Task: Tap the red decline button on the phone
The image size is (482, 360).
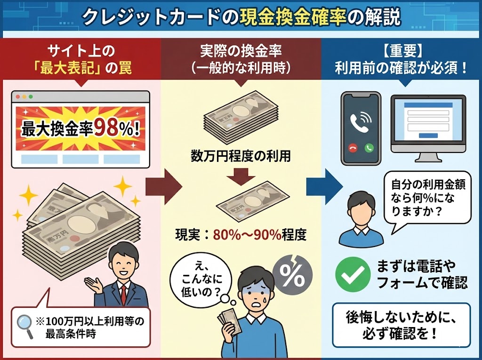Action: [x=352, y=147]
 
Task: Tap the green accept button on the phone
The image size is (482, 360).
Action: [x=369, y=147]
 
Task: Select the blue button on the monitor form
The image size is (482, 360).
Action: [x=427, y=136]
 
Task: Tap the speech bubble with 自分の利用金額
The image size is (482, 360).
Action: [x=424, y=198]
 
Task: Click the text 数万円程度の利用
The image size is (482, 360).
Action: [x=241, y=155]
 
